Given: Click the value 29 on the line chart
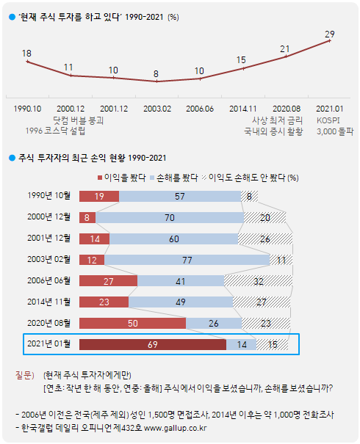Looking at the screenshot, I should click(x=330, y=34).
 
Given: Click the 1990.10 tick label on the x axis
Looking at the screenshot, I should click(x=27, y=109).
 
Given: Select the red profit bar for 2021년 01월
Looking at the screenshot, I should click(x=153, y=344).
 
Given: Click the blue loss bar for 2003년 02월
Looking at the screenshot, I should click(x=187, y=260).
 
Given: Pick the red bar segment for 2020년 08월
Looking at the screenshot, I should click(x=132, y=323).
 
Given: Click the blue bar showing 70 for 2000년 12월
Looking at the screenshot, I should click(x=169, y=217).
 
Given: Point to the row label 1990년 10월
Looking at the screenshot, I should click(x=48, y=196).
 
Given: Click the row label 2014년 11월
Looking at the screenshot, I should click(x=48, y=302).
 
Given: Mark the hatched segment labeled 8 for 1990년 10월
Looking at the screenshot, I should click(x=250, y=196).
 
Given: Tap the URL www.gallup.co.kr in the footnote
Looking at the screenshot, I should click(x=176, y=426).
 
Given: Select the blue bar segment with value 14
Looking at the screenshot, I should click(x=241, y=344).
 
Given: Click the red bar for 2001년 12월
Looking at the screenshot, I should click(x=94, y=239).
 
